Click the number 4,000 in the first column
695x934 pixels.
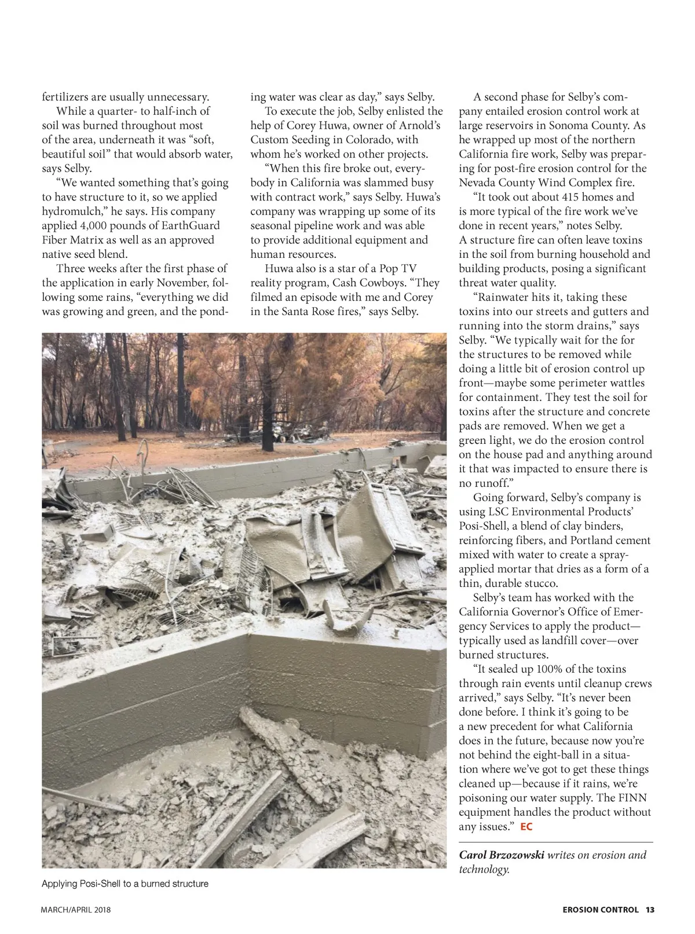click(x=89, y=226)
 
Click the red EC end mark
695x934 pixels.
click(x=526, y=827)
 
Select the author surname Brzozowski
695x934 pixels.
click(x=513, y=855)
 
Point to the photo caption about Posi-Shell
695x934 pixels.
click(x=125, y=884)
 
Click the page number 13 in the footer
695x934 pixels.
click(x=650, y=910)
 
